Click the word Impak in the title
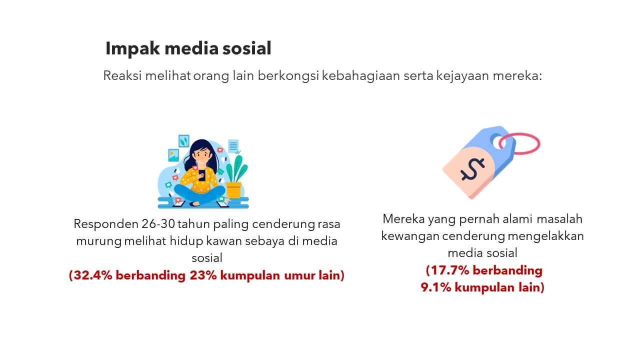pyautogui.click(x=132, y=48)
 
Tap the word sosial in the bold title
pyautogui.click(x=247, y=48)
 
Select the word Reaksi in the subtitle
pyautogui.click(x=122, y=75)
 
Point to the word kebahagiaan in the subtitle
pyautogui.click(x=361, y=75)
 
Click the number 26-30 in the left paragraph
pyautogui.click(x=158, y=224)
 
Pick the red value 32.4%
pyautogui.click(x=93, y=275)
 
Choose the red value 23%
pyautogui.click(x=203, y=275)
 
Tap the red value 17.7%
pyautogui.click(x=449, y=270)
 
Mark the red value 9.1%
pyautogui.click(x=436, y=287)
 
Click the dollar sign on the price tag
pyautogui.click(x=472, y=169)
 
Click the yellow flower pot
pyautogui.click(x=233, y=190)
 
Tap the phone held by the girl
pyautogui.click(x=202, y=175)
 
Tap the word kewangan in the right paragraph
pyautogui.click(x=410, y=236)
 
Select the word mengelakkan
pyautogui.click(x=546, y=236)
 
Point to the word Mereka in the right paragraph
pyautogui.click(x=403, y=219)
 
